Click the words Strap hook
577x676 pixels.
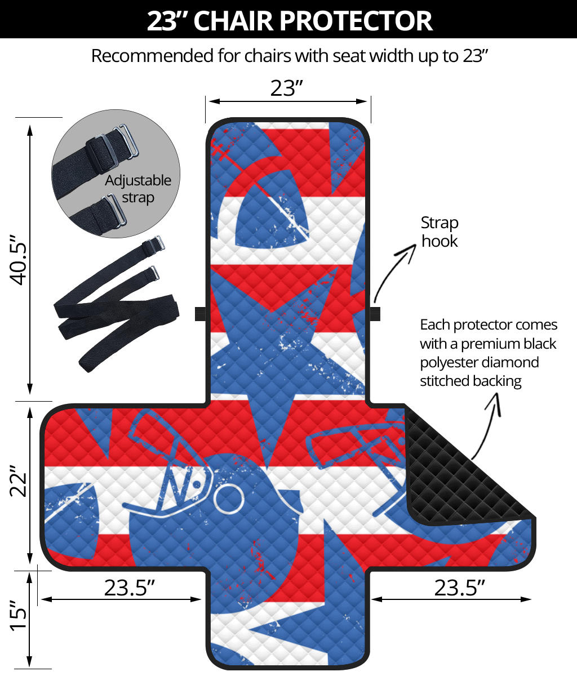tap(440, 232)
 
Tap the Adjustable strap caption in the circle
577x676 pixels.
tap(138, 189)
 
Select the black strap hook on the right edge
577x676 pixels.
tap(375, 314)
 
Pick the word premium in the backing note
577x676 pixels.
tap(488, 344)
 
